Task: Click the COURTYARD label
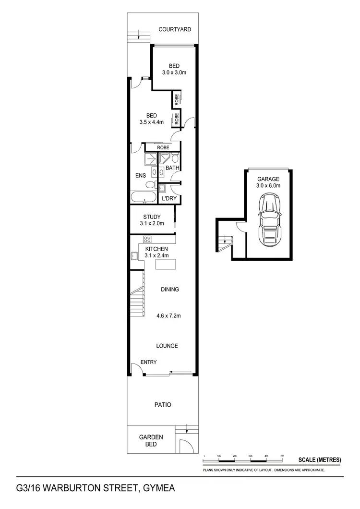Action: pos(175,29)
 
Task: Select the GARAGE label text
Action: pos(268,179)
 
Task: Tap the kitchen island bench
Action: pos(168,264)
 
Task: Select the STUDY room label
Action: pos(152,217)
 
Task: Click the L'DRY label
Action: pos(168,198)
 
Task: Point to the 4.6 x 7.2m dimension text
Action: pos(168,316)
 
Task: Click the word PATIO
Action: pos(163,405)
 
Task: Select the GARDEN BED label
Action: pos(151,440)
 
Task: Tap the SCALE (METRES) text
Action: pos(320,460)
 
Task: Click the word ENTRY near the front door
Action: pos(148,362)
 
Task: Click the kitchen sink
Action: pos(134,255)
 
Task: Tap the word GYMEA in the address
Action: pos(158,489)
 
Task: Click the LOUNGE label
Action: pos(167,346)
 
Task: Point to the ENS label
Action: pos(140,175)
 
